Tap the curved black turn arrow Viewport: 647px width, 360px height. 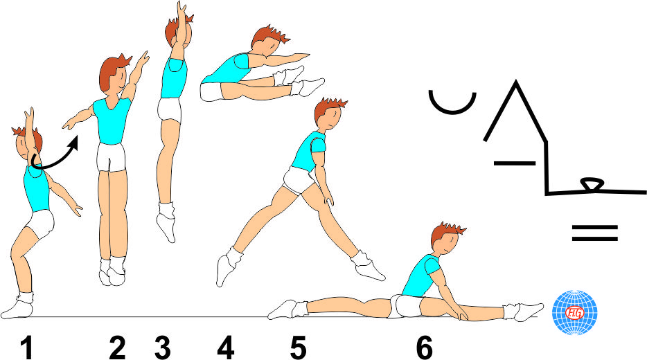(x=55, y=156)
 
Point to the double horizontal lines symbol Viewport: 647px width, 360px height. (x=594, y=233)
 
